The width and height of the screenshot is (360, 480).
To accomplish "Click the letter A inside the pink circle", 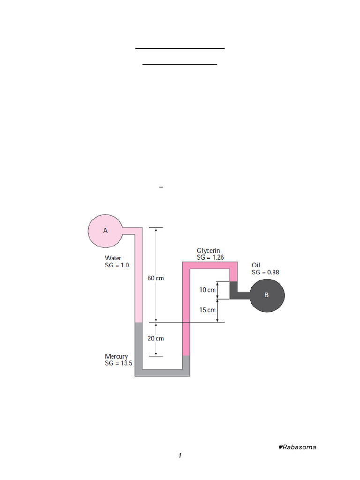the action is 105,231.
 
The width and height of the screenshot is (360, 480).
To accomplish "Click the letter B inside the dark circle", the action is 266,295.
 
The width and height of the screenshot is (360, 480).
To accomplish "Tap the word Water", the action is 113,258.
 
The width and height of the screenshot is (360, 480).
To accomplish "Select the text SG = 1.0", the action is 117,265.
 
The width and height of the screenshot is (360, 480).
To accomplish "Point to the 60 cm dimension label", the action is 156,278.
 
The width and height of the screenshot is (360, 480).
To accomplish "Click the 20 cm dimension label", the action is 156,338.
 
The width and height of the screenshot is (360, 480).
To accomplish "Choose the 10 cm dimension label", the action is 207,290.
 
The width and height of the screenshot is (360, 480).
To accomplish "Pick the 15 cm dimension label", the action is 207,310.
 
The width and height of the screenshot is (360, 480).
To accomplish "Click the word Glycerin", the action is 208,251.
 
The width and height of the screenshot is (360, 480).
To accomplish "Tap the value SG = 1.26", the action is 210,257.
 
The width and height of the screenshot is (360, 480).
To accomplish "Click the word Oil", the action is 255,265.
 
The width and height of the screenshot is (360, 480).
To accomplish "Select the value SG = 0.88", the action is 265,272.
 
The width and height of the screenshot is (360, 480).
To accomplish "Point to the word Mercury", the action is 116,357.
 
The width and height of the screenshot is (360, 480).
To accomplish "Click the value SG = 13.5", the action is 119,363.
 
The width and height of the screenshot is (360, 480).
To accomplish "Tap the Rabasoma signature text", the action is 297,447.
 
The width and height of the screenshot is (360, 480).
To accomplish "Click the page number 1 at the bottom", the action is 180,456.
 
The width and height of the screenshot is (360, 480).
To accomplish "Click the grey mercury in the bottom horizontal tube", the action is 162,373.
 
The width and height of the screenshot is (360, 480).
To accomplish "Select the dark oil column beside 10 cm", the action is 233,290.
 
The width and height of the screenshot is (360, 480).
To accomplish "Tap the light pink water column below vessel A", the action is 138,278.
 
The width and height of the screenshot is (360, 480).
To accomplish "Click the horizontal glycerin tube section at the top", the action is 210,265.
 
